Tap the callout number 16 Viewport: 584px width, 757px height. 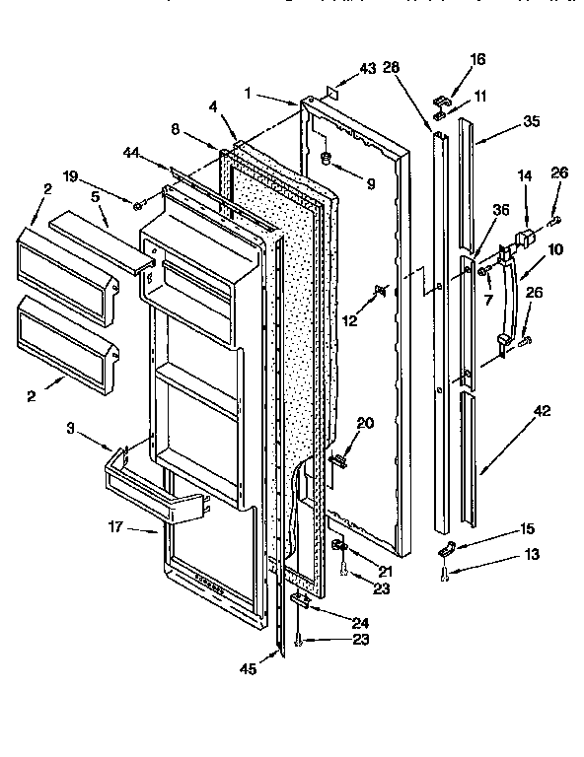478,60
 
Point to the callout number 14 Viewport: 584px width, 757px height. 525,175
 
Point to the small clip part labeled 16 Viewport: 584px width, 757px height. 441,99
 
